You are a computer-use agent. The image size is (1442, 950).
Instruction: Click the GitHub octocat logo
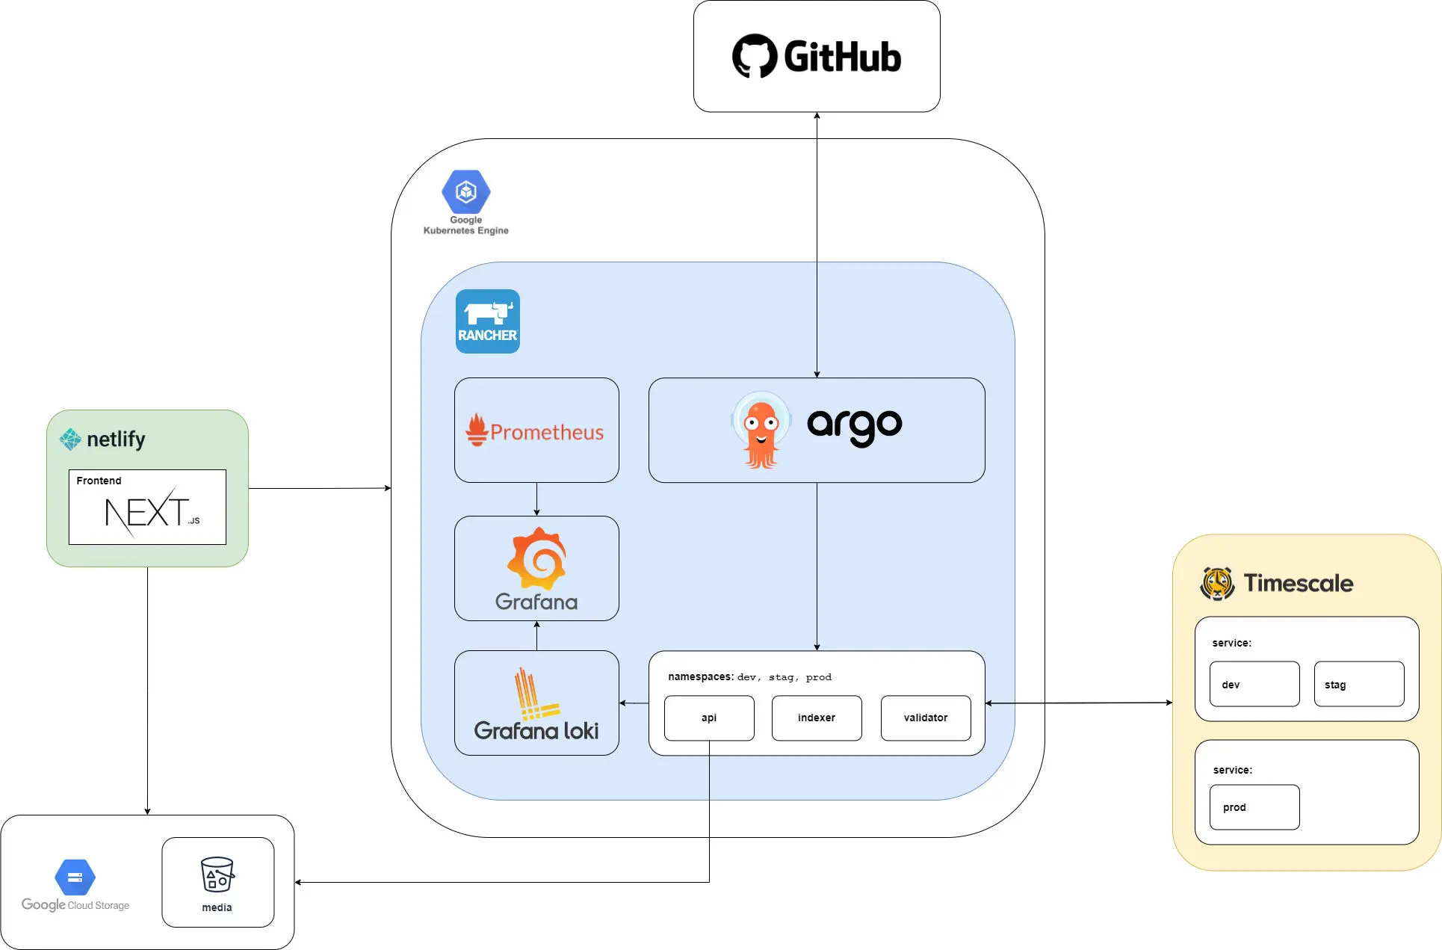tap(755, 56)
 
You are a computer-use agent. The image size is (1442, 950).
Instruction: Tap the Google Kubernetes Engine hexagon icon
tap(466, 191)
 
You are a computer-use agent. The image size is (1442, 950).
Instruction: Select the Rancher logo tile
tap(488, 321)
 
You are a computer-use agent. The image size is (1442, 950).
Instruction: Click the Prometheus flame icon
tap(477, 430)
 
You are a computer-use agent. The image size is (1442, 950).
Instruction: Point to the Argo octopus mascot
tap(761, 431)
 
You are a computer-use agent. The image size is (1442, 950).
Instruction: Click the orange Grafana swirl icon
tap(536, 558)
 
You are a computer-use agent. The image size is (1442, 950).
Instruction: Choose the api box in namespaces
tap(709, 718)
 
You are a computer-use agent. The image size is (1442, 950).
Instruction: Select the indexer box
tap(817, 718)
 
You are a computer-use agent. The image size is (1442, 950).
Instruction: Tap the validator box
tap(926, 718)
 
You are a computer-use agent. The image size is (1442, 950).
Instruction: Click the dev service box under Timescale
tap(1254, 684)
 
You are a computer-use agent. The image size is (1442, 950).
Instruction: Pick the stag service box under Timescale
tap(1359, 684)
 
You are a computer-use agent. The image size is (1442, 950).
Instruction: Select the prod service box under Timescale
tap(1254, 807)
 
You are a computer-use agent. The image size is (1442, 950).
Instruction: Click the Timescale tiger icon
tap(1218, 583)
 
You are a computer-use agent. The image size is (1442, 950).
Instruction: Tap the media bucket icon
tap(217, 875)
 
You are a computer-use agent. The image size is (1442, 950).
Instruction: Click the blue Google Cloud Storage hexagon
tap(75, 877)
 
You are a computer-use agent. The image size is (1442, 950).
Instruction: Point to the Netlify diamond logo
tap(70, 439)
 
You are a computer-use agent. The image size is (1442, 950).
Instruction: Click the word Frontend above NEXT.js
tap(99, 481)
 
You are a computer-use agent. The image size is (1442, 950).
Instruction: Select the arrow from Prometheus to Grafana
tap(536, 499)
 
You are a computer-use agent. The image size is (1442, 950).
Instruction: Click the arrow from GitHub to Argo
tap(817, 245)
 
